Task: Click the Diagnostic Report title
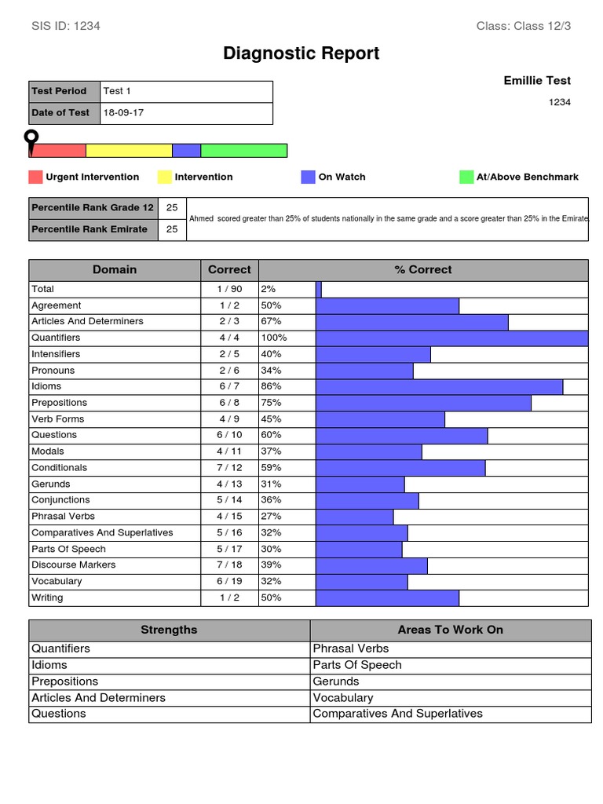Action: pos(301,53)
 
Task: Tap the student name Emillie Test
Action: pos(537,80)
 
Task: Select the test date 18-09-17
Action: pos(123,113)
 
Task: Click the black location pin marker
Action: pos(31,141)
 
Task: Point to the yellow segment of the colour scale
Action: pos(129,151)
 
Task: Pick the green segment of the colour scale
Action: pos(243,151)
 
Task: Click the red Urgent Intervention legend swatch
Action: pos(35,177)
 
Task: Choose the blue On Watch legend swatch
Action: pos(308,177)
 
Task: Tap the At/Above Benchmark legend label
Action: pos(527,177)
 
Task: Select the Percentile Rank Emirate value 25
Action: pos(172,229)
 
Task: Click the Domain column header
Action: pos(115,269)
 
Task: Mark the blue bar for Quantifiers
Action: pos(451,338)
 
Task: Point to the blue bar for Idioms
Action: pos(439,386)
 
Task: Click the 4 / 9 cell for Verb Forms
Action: pos(229,419)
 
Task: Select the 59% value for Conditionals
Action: pos(271,468)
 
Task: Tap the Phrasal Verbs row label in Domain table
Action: pos(63,517)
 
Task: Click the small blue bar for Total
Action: pos(319,289)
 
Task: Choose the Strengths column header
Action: pos(169,630)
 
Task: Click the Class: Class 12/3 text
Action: pos(524,26)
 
